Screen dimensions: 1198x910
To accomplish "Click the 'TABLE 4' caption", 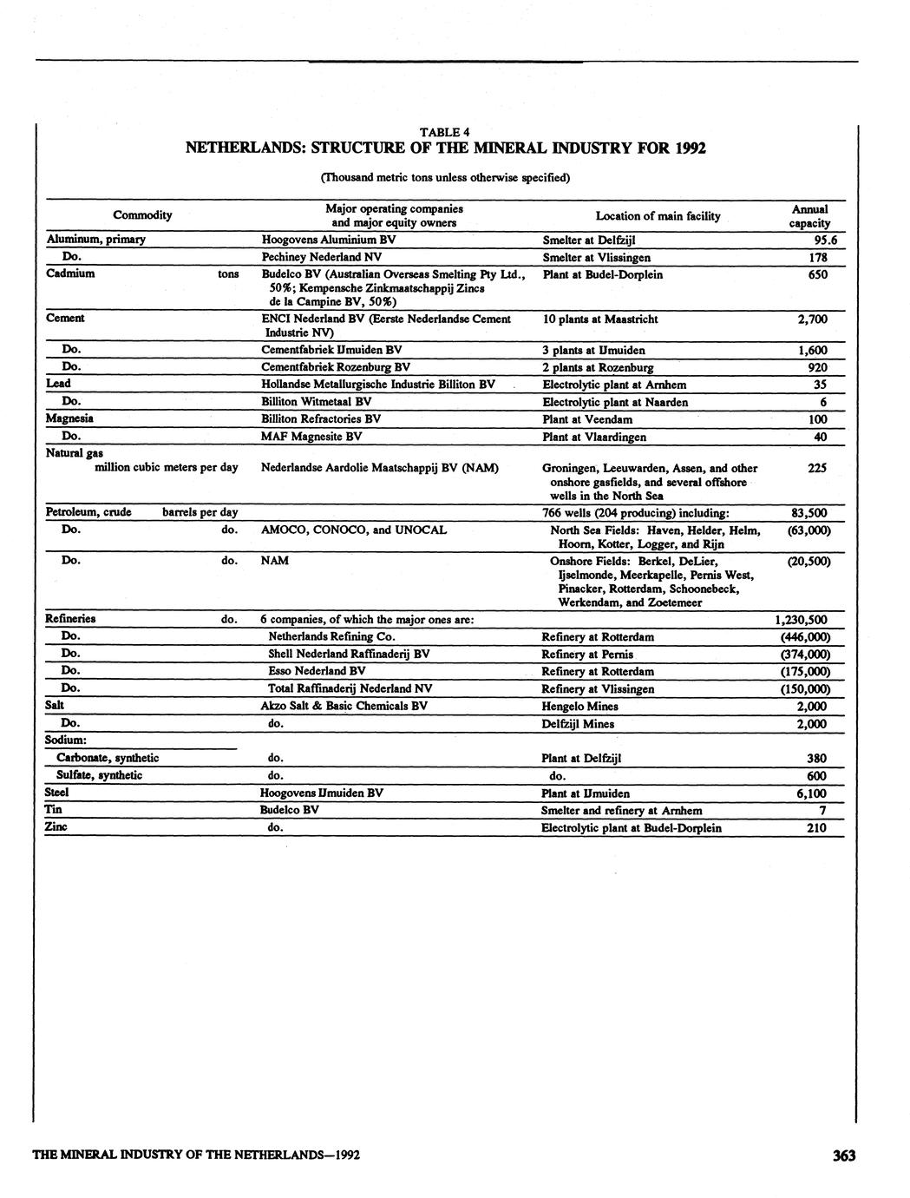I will pyautogui.click(x=444, y=132).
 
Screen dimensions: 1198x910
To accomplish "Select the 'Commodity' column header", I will pyautogui.click(x=142, y=215).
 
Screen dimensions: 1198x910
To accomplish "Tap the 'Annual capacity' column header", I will pyautogui.click(x=809, y=216).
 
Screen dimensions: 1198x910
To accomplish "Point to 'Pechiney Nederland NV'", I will pyautogui.click(x=321, y=258).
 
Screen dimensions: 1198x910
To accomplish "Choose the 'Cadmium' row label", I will pyautogui.click(x=70, y=273).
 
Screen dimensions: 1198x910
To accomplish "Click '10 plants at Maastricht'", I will pyautogui.click(x=599, y=319).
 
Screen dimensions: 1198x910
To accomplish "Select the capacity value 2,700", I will pyautogui.click(x=813, y=319).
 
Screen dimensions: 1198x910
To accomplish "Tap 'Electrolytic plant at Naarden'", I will pyautogui.click(x=615, y=402).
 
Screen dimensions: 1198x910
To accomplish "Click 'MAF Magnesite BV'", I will pyautogui.click(x=311, y=437).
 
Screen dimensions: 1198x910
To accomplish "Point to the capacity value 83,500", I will pyautogui.click(x=811, y=513).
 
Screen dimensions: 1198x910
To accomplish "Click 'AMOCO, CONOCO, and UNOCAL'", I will pyautogui.click(x=354, y=530).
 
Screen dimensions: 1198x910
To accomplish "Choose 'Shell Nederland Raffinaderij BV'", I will pyautogui.click(x=349, y=655).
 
